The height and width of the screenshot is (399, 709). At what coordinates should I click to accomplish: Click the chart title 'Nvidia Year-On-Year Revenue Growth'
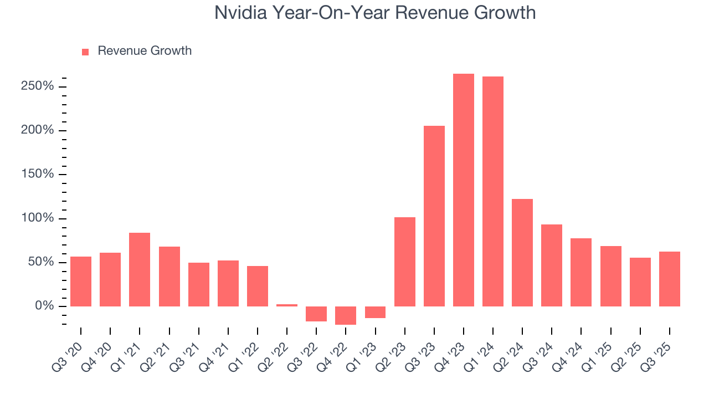(375, 13)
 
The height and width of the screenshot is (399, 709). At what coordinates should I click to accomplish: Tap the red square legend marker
(85, 52)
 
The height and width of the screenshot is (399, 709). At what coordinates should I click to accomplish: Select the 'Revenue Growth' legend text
(145, 51)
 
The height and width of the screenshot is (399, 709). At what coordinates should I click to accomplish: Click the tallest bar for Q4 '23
(464, 190)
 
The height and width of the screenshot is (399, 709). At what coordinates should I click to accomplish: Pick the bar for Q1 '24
(493, 191)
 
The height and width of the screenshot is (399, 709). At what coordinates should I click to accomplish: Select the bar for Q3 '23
(434, 216)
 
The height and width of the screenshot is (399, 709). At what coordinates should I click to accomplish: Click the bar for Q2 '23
(405, 262)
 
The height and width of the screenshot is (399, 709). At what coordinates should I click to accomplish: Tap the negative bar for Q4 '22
(346, 315)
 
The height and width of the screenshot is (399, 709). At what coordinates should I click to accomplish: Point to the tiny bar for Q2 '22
(287, 305)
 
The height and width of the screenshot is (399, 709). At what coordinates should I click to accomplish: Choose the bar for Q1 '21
(140, 269)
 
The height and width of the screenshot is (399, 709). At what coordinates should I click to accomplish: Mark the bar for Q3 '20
(81, 282)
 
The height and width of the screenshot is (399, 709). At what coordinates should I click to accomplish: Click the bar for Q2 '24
(522, 253)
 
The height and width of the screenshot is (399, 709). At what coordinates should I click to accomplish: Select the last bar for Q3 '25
(670, 279)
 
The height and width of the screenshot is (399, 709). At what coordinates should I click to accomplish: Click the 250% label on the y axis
(38, 86)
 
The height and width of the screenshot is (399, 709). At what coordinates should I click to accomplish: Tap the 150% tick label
(38, 175)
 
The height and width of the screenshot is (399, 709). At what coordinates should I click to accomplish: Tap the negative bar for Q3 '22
(316, 314)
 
